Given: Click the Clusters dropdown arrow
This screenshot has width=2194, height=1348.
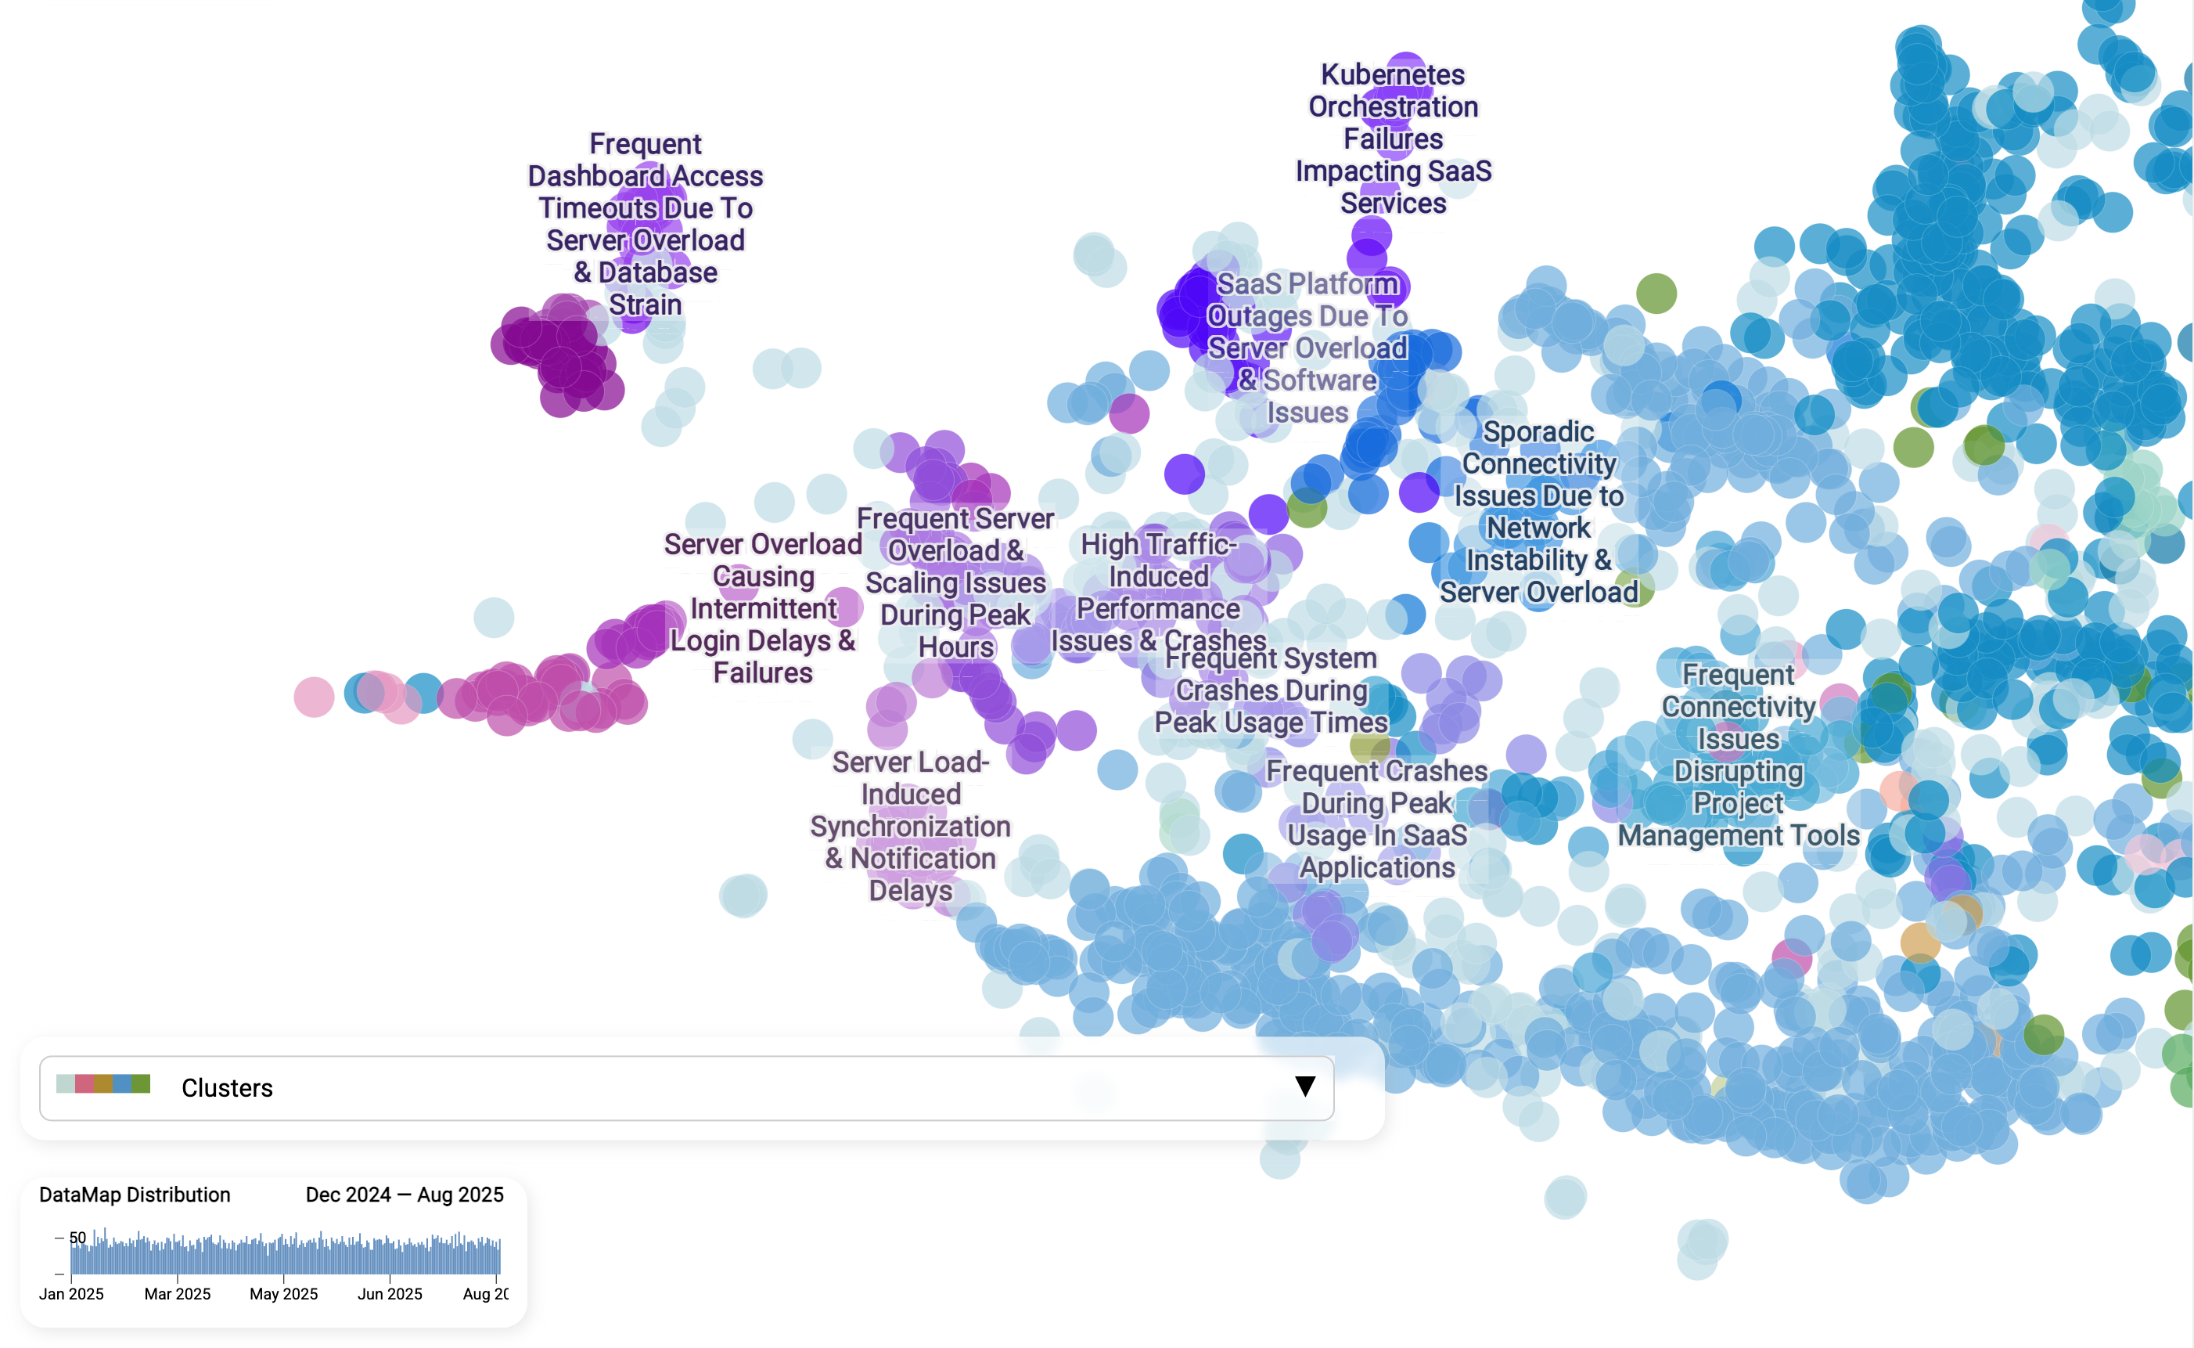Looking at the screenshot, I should point(1304,1086).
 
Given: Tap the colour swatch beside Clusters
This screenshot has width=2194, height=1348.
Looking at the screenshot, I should point(103,1084).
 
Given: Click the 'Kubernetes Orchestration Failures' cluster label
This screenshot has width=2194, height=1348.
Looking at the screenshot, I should point(1393,139).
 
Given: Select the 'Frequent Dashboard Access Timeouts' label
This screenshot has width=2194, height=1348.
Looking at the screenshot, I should point(646,224).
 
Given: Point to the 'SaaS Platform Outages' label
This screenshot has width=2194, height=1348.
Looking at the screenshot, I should point(1307,348).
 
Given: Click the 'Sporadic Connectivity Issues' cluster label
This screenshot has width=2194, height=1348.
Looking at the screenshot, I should point(1539,512).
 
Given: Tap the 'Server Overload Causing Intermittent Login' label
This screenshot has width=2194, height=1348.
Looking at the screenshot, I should point(763,608).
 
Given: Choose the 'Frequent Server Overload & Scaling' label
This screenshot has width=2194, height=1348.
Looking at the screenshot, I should point(955,582).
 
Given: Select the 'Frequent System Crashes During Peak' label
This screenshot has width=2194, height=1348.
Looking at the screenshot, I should point(1271,690).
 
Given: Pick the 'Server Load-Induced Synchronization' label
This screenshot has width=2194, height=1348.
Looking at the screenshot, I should point(910,826).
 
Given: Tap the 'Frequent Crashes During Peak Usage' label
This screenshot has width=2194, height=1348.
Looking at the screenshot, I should point(1377,819).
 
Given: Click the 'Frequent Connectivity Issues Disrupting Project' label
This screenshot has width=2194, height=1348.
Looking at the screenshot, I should point(1738,755).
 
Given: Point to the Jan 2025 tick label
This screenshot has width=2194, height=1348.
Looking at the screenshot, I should point(71,1294).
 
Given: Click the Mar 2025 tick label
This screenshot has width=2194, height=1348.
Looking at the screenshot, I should point(178,1294).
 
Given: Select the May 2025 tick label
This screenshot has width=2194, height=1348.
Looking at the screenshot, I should point(283,1294).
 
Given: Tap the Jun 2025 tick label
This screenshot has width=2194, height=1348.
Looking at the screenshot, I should point(390,1294).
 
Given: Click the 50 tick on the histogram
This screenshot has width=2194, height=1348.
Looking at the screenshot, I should point(77,1238).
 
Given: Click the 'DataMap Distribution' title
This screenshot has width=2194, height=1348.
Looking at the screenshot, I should point(135,1195).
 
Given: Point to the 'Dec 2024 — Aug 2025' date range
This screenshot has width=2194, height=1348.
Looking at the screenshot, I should point(405,1195).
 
